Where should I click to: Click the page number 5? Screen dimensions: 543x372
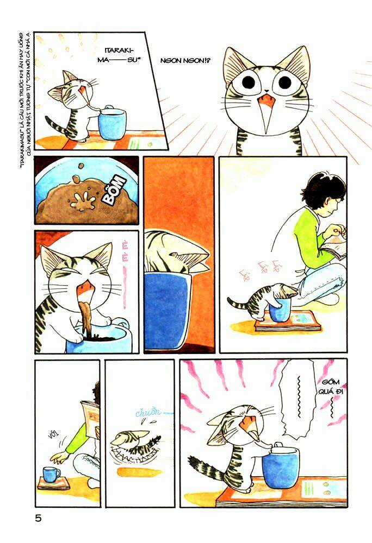(x=38, y=519)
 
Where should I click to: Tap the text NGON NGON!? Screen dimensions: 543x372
(x=184, y=60)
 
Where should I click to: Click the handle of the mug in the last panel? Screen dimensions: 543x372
(x=278, y=446)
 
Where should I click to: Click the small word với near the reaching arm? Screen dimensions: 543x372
(x=53, y=434)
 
